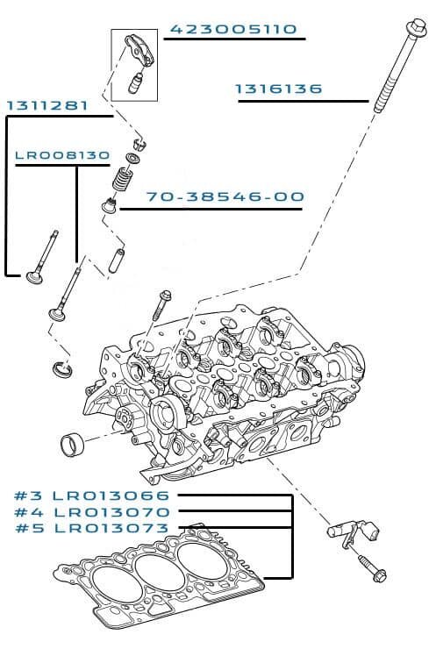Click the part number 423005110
pyautogui.click(x=233, y=30)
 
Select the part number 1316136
pyautogui.click(x=278, y=89)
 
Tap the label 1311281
pyautogui.click(x=47, y=105)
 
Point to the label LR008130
pyautogui.click(x=62, y=155)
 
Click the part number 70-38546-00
pyautogui.click(x=225, y=196)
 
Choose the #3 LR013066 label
pyautogui.click(x=92, y=496)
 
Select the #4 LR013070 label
pyautogui.click(x=92, y=512)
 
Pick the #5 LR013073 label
pyautogui.click(x=92, y=528)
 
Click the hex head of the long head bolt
pyautogui.click(x=416, y=27)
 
